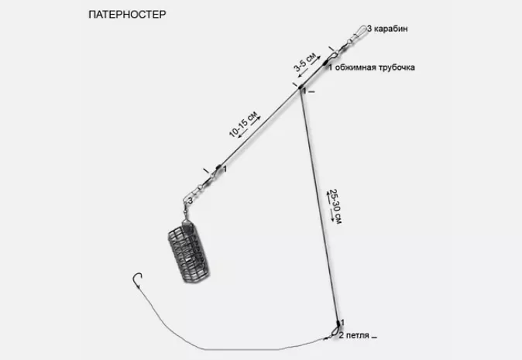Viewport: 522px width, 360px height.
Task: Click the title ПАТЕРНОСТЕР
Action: click(127, 14)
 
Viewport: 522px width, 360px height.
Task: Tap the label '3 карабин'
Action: click(387, 29)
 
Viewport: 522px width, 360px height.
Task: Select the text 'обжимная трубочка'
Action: click(375, 67)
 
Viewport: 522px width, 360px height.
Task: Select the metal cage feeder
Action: click(188, 252)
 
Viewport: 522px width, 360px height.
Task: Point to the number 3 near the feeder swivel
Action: click(191, 201)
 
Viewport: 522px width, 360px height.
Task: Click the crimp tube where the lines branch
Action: click(300, 87)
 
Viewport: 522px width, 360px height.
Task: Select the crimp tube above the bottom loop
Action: click(338, 323)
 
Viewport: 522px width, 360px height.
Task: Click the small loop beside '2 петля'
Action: click(334, 332)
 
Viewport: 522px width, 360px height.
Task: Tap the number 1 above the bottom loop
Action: click(342, 322)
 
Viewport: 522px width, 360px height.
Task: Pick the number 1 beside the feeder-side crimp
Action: click(225, 170)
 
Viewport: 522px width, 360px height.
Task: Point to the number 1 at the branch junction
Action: click(304, 91)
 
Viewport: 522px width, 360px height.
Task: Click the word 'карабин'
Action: click(391, 29)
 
